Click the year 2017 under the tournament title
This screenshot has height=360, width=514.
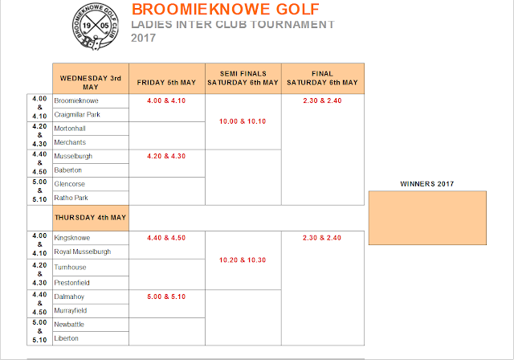pos(143,37)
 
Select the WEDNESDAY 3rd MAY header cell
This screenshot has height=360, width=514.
pos(90,78)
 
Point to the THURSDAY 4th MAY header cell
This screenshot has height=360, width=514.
pos(90,217)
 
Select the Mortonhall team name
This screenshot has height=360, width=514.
pos(69,129)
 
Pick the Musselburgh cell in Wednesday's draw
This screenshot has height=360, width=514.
pos(72,156)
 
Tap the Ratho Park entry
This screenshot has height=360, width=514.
pos(70,197)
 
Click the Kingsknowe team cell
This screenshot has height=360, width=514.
pos(71,238)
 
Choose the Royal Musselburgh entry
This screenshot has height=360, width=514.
pos(82,252)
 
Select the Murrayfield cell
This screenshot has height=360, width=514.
pos(71,309)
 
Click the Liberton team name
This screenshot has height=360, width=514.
pos(67,337)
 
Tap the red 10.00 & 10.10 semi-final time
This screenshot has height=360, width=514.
pos(243,121)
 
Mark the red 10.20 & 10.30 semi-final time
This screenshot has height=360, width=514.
pos(243,260)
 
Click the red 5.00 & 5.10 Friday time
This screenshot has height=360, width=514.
pos(166,296)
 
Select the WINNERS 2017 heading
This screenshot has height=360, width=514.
pos(426,183)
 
